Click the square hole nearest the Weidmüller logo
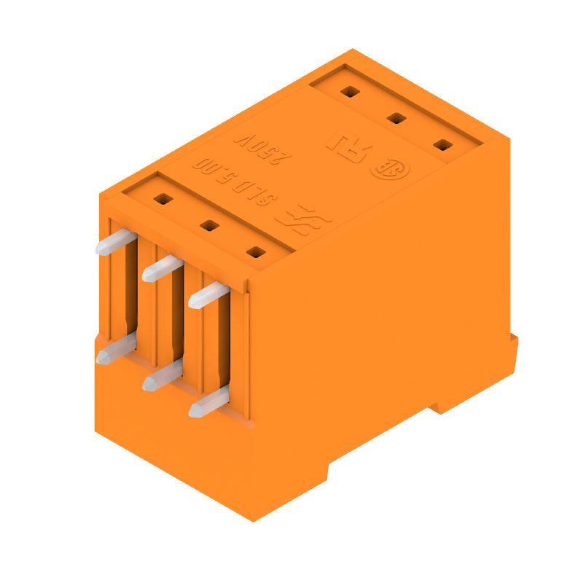[255, 252]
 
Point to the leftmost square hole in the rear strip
[350, 92]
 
